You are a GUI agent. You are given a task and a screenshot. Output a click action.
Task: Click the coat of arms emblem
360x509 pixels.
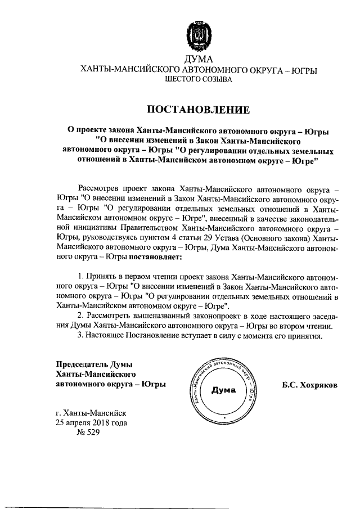pos(197,37)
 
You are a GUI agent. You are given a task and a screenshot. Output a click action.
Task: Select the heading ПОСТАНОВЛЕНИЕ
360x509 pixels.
pos(197,109)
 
